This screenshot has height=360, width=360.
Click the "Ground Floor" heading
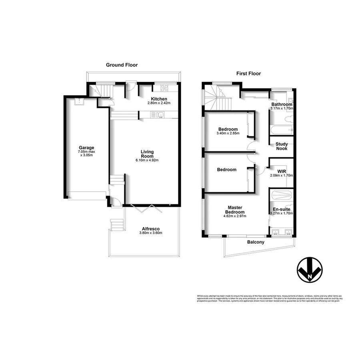pos(122,64)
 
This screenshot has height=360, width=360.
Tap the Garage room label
pos(86,148)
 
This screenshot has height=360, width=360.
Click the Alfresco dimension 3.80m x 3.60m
pos(148,233)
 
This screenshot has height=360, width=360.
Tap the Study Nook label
pos(282,146)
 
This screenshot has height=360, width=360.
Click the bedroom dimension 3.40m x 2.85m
pos(228,134)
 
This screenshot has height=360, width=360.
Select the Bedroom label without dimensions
pos(226,170)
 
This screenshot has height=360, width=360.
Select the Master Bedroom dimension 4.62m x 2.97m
pos(235,216)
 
